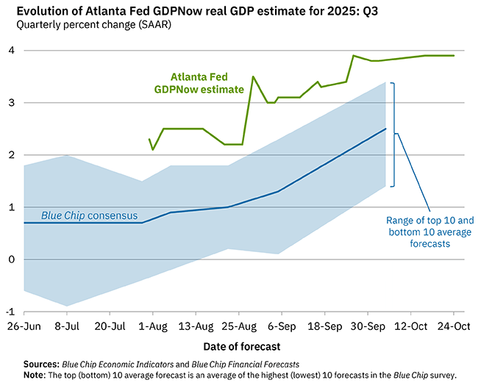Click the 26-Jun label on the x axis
click(24, 325)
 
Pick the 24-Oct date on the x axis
click(453, 325)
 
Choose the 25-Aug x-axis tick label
click(238, 325)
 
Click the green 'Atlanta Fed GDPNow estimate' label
click(207, 82)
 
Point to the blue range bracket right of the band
click(394, 134)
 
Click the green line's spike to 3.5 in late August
click(253, 76)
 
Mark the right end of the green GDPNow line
click(454, 56)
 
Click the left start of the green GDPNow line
click(149, 140)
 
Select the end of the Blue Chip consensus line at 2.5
click(385, 129)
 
